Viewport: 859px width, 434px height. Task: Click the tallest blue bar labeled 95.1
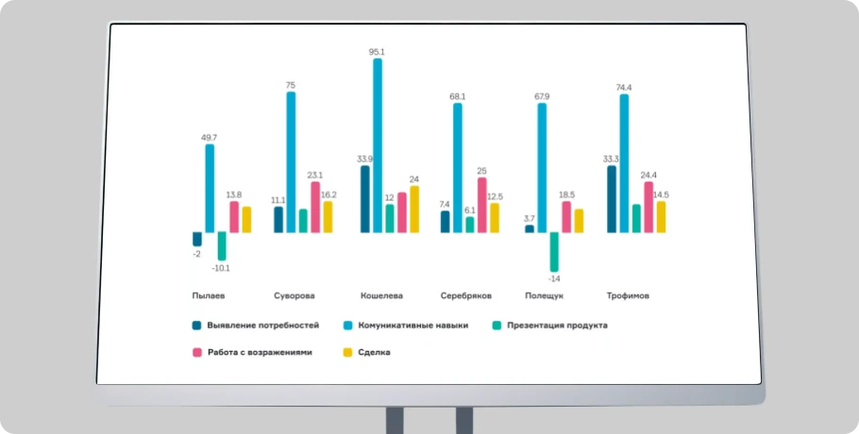pos(378,145)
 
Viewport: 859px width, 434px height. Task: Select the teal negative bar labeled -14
pos(554,251)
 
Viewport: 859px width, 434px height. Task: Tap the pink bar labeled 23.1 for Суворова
pos(315,207)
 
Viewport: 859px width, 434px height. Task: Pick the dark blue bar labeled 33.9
pos(365,199)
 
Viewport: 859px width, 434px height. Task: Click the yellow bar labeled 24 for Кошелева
pos(413,209)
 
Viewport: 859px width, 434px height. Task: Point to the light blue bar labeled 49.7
pos(210,188)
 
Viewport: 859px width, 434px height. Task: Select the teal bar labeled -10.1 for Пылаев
pos(222,246)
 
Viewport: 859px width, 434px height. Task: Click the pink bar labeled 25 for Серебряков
pos(482,205)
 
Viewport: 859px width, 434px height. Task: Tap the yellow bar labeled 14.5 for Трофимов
pos(661,217)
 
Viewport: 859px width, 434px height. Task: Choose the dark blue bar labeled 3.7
pos(530,228)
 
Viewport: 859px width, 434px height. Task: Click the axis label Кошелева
pos(381,295)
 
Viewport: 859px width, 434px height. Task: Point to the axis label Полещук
pos(544,295)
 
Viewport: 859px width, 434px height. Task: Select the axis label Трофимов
pos(627,295)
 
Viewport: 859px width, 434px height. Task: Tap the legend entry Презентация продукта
pos(557,325)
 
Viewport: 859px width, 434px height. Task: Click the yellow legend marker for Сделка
pos(346,352)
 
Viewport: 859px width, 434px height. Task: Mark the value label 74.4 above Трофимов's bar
pos(624,88)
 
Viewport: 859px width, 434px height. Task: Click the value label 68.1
pos(457,96)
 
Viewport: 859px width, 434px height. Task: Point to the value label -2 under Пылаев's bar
pos(196,254)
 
